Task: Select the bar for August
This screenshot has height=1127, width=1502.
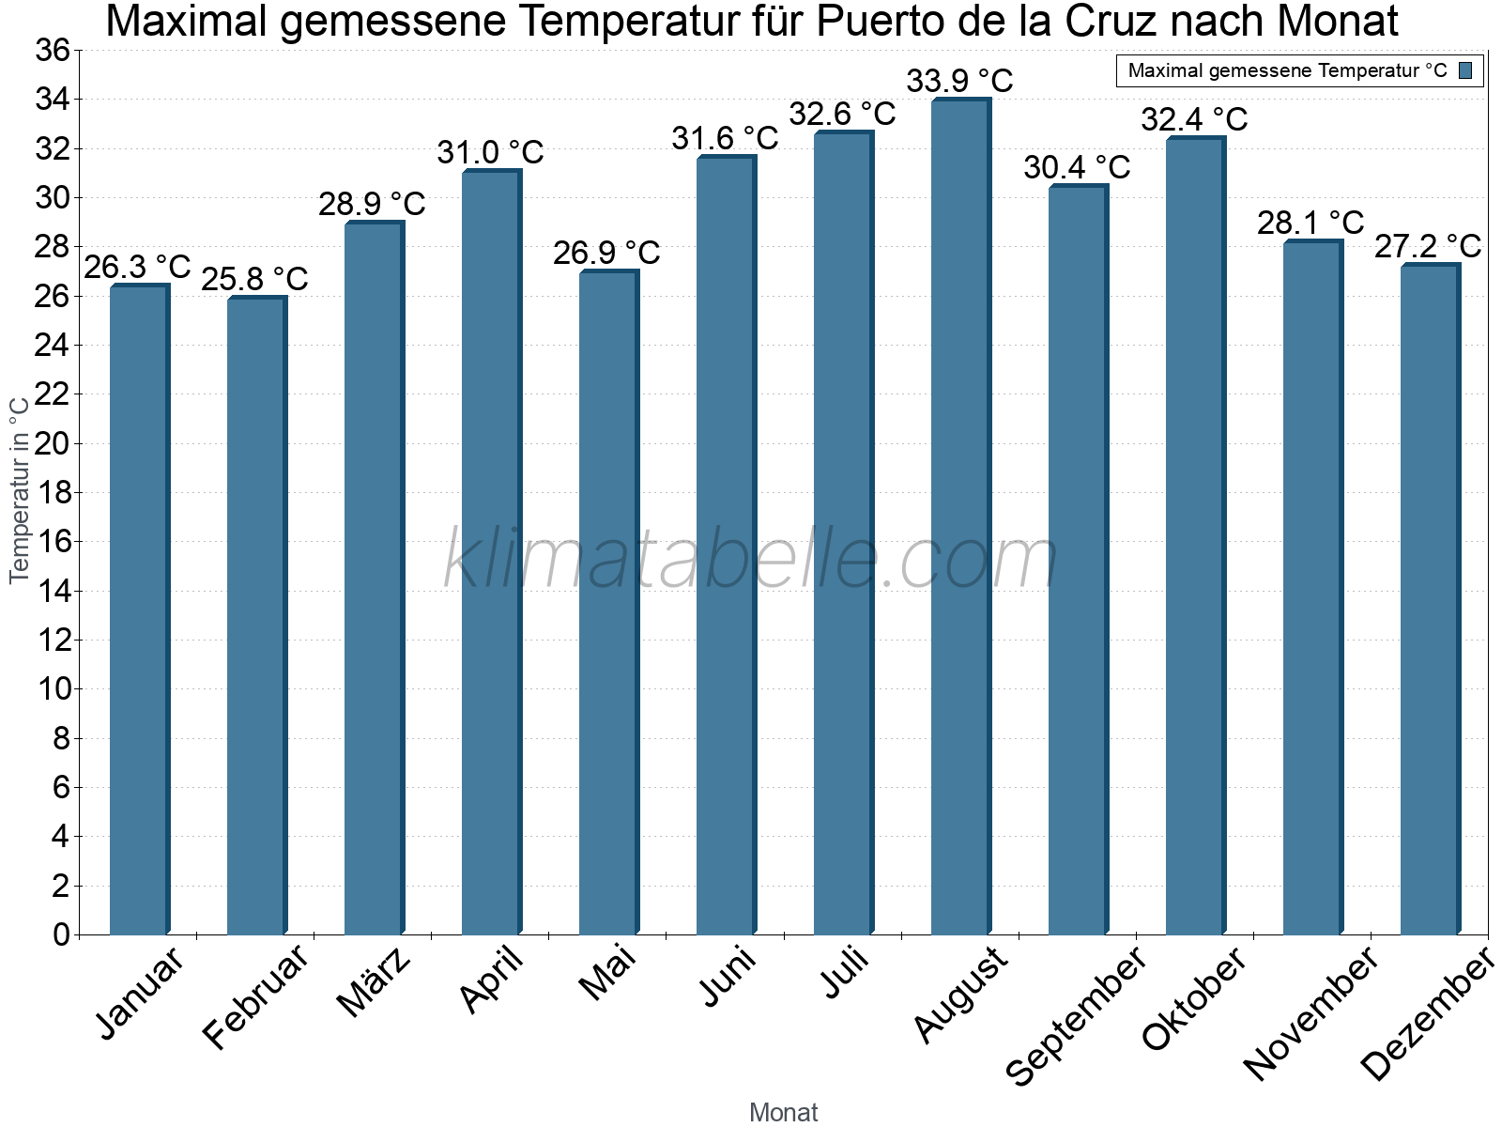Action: [960, 517]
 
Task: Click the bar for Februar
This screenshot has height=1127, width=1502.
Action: [256, 615]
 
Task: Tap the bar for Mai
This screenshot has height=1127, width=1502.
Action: [608, 601]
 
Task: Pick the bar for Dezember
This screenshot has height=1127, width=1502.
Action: [1430, 599]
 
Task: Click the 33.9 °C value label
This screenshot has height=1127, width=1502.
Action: [959, 81]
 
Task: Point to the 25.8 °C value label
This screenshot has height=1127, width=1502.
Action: [255, 279]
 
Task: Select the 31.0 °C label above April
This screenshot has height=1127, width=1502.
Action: [490, 152]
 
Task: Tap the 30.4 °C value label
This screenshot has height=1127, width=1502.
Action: [1077, 167]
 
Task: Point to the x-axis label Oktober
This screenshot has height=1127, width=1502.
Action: [1194, 999]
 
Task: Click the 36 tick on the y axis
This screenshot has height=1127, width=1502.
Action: [53, 50]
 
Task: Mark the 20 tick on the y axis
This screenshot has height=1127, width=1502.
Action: [53, 443]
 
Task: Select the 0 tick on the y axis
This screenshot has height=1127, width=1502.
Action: [62, 934]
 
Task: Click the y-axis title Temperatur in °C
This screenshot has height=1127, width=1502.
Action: [20, 488]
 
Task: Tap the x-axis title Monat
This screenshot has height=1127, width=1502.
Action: [783, 1112]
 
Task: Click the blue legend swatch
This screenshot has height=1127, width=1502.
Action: [1465, 70]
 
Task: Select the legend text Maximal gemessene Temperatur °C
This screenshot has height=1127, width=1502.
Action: [1287, 70]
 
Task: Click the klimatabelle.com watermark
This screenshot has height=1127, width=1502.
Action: [751, 559]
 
